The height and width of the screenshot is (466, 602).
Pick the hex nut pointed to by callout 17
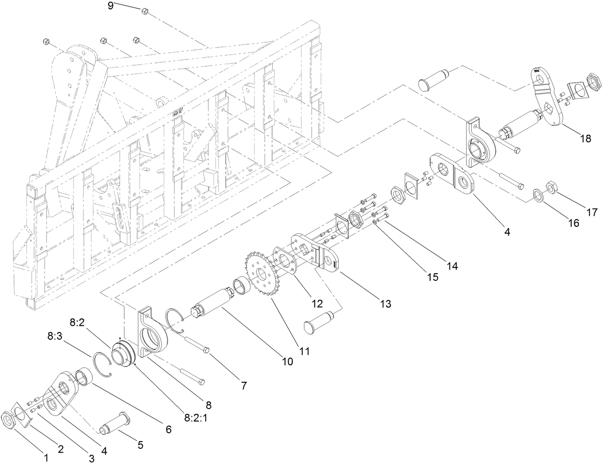550,187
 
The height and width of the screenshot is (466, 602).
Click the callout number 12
316,303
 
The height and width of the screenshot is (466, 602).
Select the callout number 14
451,266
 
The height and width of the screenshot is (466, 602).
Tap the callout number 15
432,277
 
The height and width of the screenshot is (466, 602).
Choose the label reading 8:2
77,323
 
